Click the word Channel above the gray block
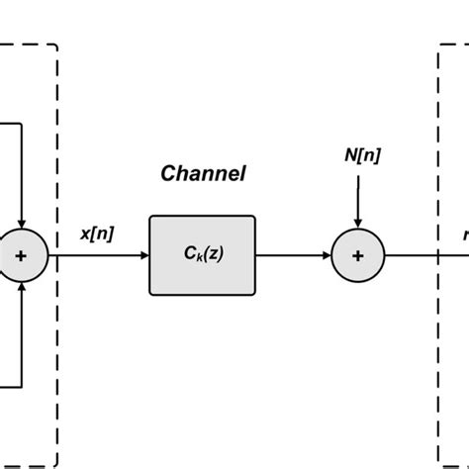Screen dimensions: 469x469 click(x=203, y=175)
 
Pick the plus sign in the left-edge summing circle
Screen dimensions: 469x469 click(x=21, y=255)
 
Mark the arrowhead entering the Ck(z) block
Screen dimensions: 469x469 click(x=143, y=255)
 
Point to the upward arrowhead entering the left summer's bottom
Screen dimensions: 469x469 click(x=21, y=287)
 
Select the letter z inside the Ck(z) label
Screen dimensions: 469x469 click(x=214, y=255)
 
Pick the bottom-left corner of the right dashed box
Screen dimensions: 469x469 click(x=438, y=465)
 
